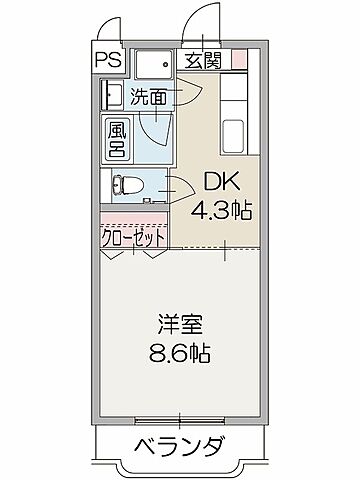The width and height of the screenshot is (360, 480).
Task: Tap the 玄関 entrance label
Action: point(203,59)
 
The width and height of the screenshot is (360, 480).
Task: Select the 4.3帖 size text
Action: point(223,209)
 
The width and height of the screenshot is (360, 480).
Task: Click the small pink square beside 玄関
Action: point(238,59)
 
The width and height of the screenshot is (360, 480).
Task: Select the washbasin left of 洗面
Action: point(110,96)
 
